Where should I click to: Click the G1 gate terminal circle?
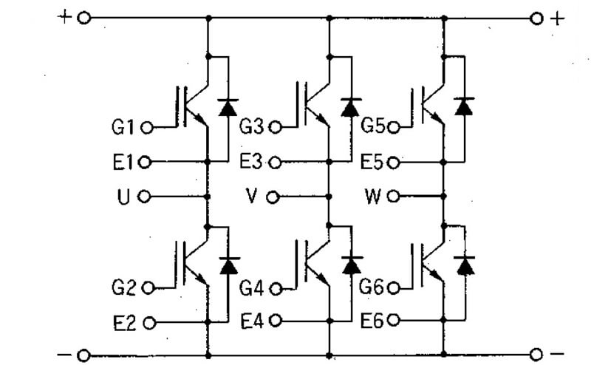pyautogui.click(x=146, y=129)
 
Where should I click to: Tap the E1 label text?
pyautogui.click(x=123, y=163)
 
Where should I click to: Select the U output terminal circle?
pyautogui.click(x=144, y=197)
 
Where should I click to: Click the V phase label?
pyautogui.click(x=251, y=196)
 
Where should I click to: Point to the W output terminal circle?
pyautogui.click(x=393, y=197)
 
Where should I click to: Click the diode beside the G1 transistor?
pyautogui.click(x=228, y=107)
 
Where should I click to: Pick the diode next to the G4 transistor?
pyautogui.click(x=352, y=265)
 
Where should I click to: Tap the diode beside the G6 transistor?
pyautogui.click(x=465, y=265)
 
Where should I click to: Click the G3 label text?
pyautogui.click(x=251, y=126)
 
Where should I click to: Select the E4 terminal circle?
pyautogui.click(x=276, y=321)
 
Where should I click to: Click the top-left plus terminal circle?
pyautogui.click(x=83, y=18)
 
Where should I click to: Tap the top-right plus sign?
pyautogui.click(x=558, y=18)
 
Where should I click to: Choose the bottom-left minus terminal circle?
pyautogui.click(x=83, y=355)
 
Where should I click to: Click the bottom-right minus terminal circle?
pyautogui.click(x=536, y=355)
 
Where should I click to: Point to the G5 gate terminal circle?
pyautogui.click(x=393, y=128)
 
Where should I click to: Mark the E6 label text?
pyautogui.click(x=372, y=321)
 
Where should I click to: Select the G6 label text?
pyautogui.click(x=372, y=287)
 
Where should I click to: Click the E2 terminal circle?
pyautogui.click(x=149, y=323)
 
